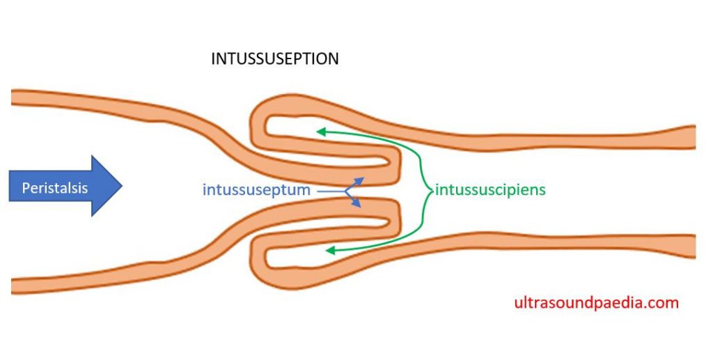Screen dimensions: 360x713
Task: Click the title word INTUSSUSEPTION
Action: (274, 59)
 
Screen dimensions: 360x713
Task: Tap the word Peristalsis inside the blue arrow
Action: (54, 188)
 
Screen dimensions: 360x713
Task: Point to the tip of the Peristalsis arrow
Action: (122, 186)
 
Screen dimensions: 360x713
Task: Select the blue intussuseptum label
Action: (256, 189)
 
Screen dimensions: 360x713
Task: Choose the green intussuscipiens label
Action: (490, 189)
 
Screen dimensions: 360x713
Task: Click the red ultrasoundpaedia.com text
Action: (596, 303)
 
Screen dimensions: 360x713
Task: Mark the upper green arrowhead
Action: (320, 130)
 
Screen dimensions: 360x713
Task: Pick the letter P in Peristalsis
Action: (26, 188)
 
